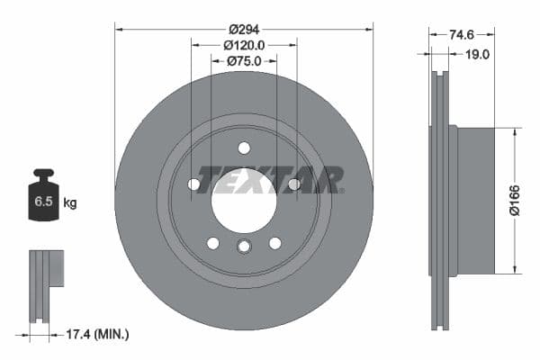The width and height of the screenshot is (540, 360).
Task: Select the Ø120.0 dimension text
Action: click(244, 43)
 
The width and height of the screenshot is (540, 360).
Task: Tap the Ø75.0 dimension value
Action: click(244, 60)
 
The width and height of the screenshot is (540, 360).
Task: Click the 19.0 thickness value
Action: click(476, 54)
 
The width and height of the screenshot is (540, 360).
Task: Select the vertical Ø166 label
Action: click(528, 200)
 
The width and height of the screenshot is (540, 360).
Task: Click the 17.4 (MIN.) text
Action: click(98, 334)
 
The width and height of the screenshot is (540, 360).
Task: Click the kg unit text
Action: click(70, 202)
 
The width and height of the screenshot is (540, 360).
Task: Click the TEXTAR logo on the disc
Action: click(270, 179)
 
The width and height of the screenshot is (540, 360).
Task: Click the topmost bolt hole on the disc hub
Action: click(244, 148)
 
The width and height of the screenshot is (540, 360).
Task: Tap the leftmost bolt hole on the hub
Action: click(193, 184)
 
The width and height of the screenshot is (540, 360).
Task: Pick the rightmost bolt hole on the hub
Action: click(293, 184)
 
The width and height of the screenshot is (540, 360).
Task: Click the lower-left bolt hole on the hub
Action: click(212, 243)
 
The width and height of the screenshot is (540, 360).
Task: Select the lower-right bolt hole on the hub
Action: click(274, 243)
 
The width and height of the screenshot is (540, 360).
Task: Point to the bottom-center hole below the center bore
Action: click(244, 247)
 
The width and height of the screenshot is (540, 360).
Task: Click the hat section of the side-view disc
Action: click(475, 200)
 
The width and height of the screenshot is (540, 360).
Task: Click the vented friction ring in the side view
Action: click(439, 200)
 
